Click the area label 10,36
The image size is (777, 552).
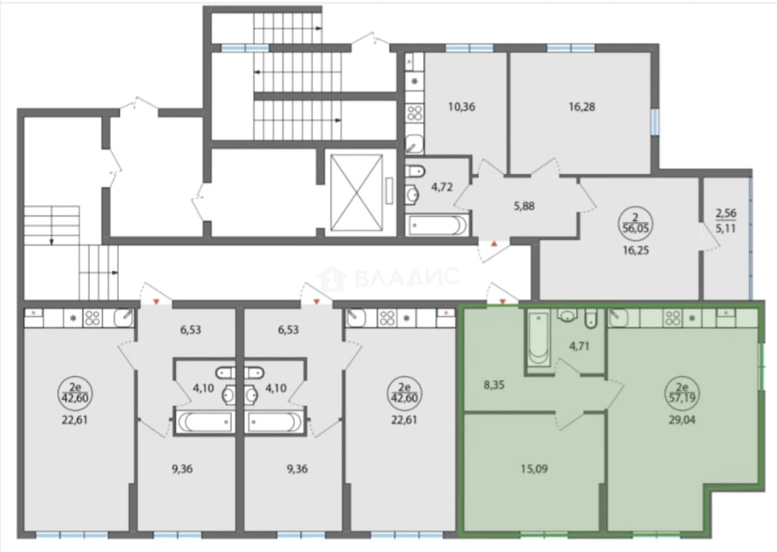coord(462,107)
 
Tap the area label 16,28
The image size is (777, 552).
coord(582,107)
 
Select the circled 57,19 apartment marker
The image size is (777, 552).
coord(682,394)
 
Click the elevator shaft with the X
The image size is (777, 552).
coord(356,193)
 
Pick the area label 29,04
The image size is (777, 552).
coord(682,420)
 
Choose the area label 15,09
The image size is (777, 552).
coord(534,469)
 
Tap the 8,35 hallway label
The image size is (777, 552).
coord(494,385)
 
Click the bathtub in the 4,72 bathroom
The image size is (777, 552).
coord(437,225)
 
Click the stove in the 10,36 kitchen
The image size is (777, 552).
coord(415,113)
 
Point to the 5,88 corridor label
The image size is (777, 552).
coord(524,206)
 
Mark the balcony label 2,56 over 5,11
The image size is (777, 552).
coord(726,221)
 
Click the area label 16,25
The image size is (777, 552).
coord(636,250)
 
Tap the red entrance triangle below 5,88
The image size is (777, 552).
coord(494,244)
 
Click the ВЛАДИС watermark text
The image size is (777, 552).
coord(406,278)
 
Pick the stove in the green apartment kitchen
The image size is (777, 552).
coord(673,318)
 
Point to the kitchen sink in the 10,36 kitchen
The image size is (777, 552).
coord(415,144)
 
